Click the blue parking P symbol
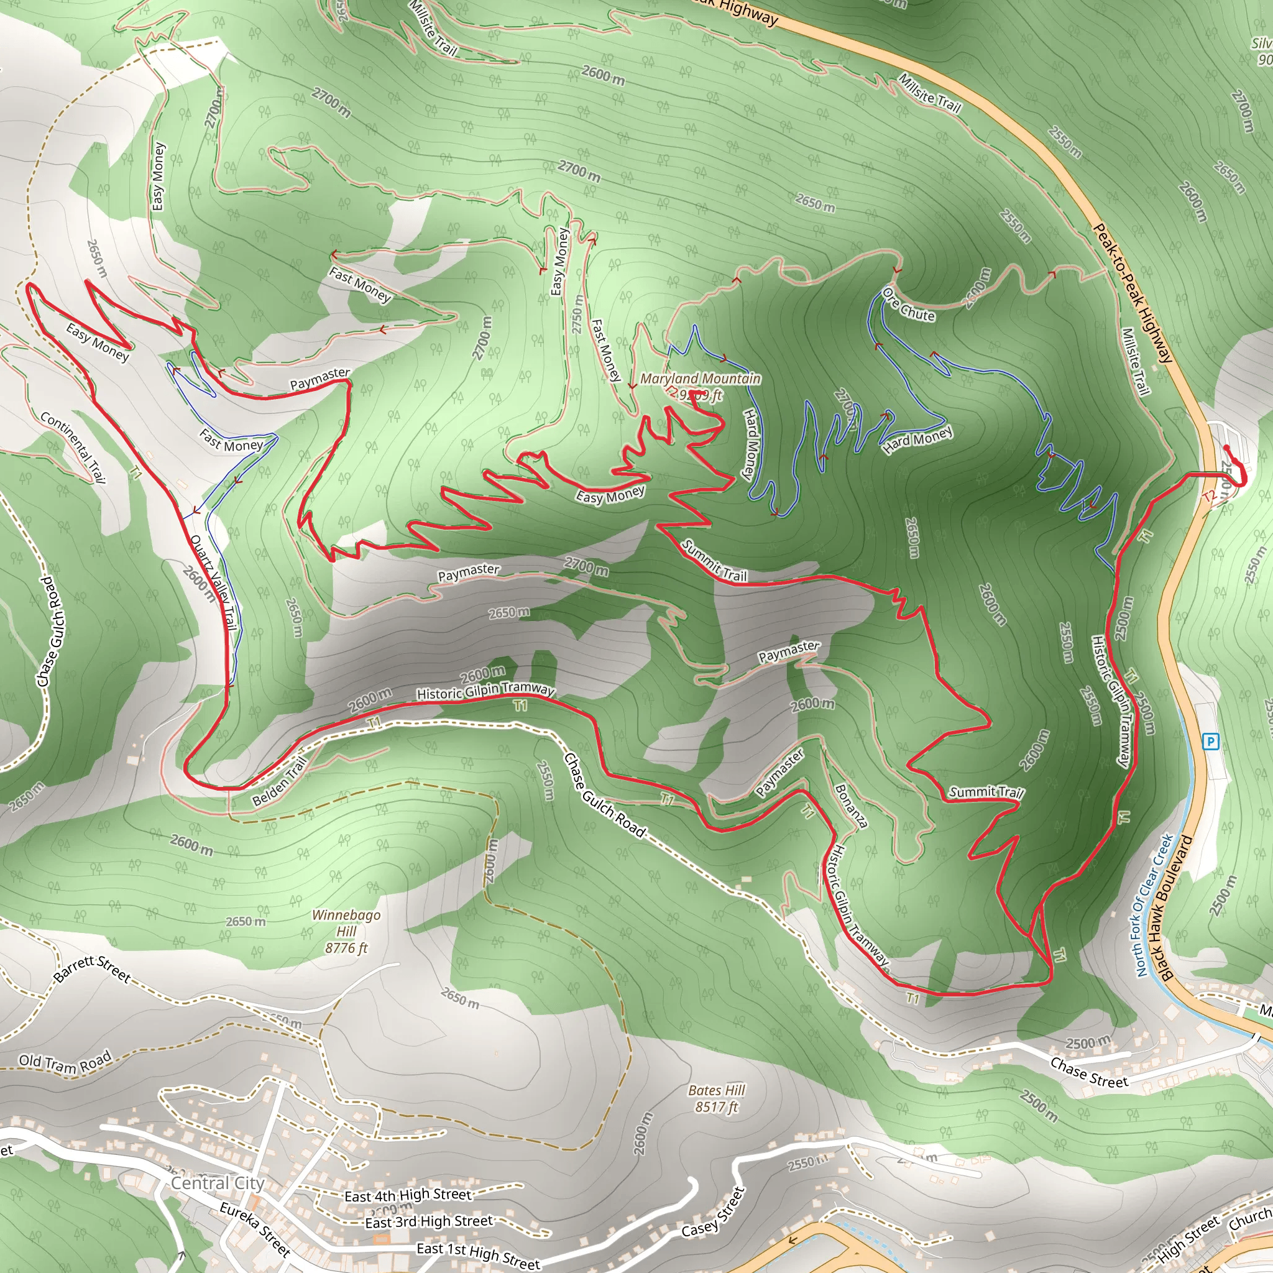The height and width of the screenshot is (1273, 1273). (1210, 742)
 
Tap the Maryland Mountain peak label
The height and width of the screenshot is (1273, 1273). (700, 379)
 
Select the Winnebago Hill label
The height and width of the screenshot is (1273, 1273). (346, 931)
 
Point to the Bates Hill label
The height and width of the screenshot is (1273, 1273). (716, 1098)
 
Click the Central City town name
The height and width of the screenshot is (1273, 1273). (218, 1183)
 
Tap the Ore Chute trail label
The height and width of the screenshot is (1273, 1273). (909, 305)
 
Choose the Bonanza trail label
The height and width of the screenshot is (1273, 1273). (850, 805)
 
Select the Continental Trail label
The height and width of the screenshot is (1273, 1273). (73, 448)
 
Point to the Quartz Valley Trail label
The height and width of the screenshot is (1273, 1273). (213, 582)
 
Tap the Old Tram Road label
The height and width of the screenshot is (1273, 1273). (65, 1062)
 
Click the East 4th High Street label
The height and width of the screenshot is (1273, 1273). (408, 1195)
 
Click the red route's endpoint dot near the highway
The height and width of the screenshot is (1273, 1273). (1226, 448)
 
